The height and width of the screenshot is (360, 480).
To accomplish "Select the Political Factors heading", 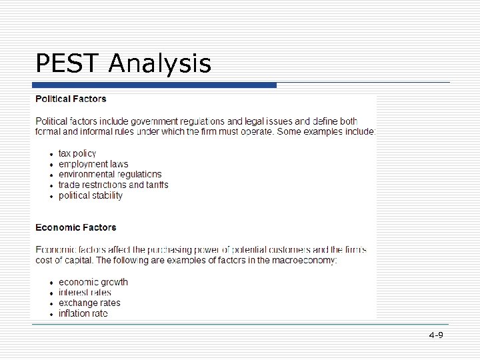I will pyautogui.click(x=71, y=99).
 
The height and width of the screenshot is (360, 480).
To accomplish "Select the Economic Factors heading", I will pyautogui.click(x=75, y=227).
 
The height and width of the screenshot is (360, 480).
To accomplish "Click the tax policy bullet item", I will pyautogui.click(x=77, y=153).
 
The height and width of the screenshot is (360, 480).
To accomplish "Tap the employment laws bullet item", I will pyautogui.click(x=93, y=164).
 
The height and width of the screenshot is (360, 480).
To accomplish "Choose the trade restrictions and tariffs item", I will pyautogui.click(x=113, y=185).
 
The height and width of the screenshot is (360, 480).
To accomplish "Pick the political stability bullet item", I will pyautogui.click(x=91, y=195).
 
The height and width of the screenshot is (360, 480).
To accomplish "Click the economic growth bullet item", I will pyautogui.click(x=93, y=282).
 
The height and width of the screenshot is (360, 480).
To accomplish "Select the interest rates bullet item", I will pyautogui.click(x=85, y=293).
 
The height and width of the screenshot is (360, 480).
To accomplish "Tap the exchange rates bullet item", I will pyautogui.click(x=89, y=303).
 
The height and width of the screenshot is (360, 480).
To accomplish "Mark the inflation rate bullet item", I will pyautogui.click(x=83, y=313).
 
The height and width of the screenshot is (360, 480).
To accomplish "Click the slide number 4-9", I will pyautogui.click(x=436, y=335).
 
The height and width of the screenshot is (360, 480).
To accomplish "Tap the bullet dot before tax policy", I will pyautogui.click(x=51, y=154).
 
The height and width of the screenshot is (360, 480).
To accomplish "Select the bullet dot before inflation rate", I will pyautogui.click(x=51, y=314).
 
